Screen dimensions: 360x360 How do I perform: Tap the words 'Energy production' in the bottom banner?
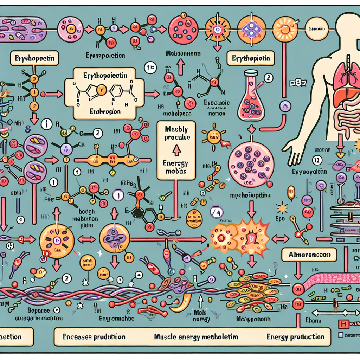(295, 337)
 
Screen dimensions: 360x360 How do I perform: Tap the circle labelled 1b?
(150, 68)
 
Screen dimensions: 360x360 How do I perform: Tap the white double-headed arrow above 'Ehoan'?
(329, 312)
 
